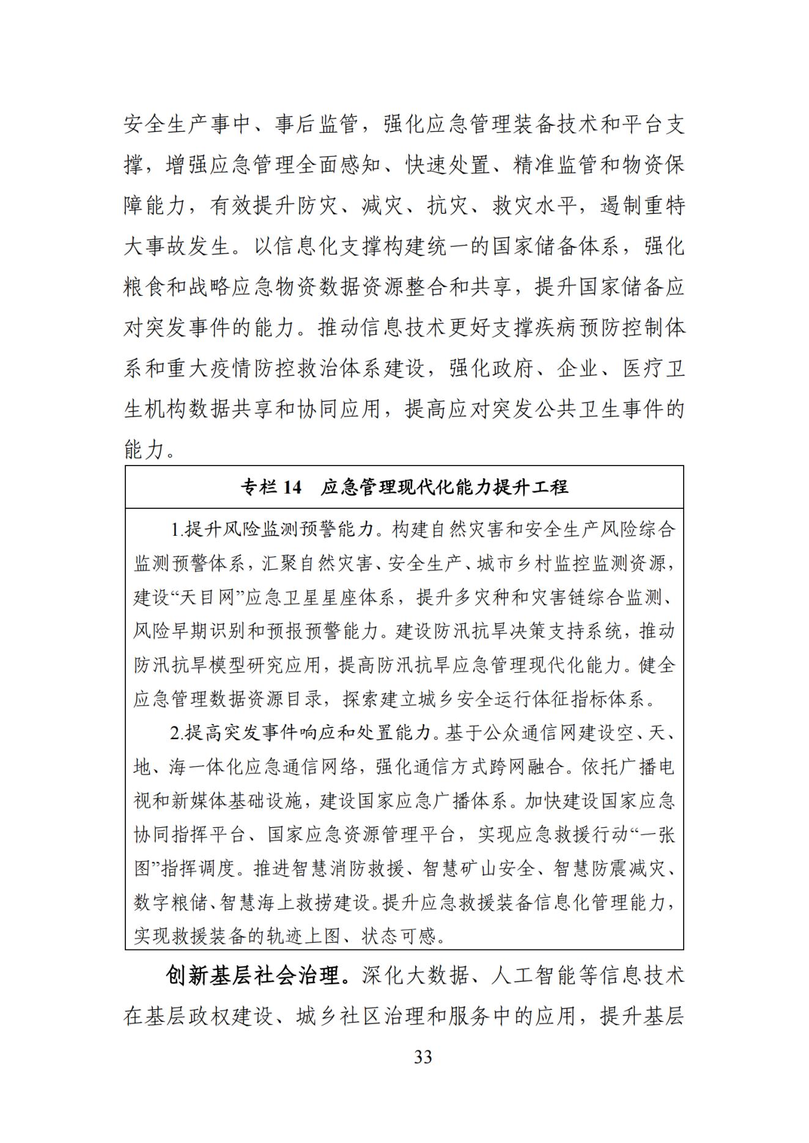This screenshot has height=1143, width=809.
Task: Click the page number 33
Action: point(423,1057)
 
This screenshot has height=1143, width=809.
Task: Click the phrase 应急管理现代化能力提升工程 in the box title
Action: point(445,487)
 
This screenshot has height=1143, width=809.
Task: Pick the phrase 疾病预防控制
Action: point(579,328)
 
